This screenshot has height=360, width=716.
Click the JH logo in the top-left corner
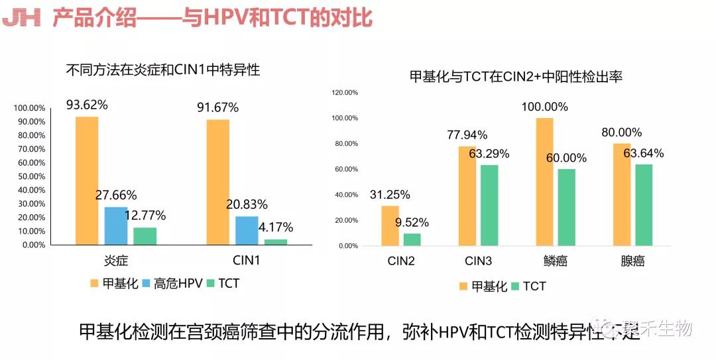(22, 18)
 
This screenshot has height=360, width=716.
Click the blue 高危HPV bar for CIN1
(247, 230)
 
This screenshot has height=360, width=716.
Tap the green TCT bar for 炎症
(145, 236)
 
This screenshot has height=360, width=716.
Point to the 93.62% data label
(87, 105)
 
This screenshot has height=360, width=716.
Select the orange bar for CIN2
(390, 225)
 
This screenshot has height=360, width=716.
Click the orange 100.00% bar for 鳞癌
(544, 182)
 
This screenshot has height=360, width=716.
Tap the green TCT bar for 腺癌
(643, 205)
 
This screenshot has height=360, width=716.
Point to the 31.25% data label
(390, 194)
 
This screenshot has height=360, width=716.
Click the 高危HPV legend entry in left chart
(172, 284)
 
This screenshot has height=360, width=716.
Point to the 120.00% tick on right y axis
(344, 93)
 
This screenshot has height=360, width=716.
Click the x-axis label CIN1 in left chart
(247, 261)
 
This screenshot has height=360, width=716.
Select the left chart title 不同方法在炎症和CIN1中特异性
(162, 69)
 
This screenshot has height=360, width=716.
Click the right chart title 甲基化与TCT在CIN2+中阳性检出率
(516, 77)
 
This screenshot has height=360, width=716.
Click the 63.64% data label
(643, 153)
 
